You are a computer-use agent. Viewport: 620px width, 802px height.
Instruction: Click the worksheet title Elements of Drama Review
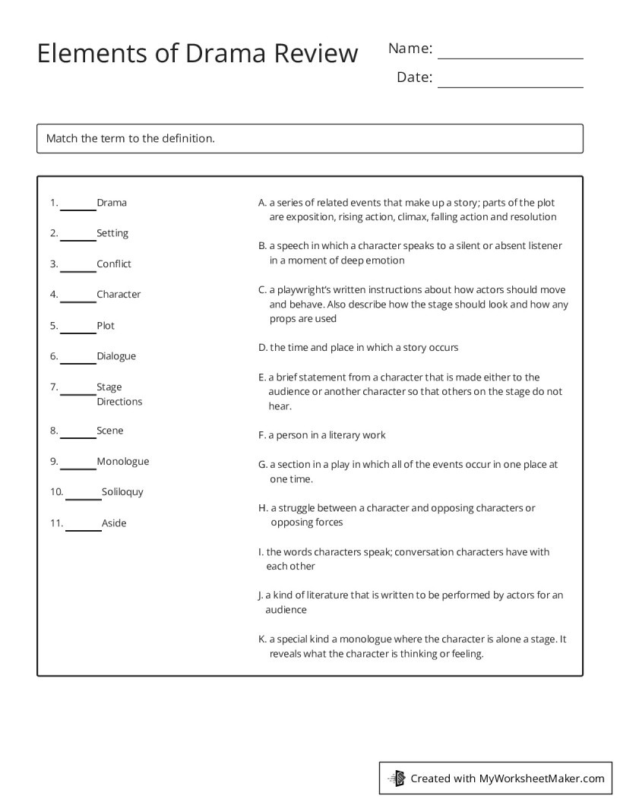[x=198, y=54]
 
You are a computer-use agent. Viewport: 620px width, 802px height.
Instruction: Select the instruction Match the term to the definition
[x=131, y=138]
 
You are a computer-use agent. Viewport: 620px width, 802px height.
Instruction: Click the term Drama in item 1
[x=112, y=203]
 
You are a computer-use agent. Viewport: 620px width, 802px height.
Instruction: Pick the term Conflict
[x=114, y=264]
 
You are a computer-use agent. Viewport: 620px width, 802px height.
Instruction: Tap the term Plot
[x=106, y=325]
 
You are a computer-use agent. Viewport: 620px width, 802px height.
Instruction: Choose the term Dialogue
[x=116, y=355]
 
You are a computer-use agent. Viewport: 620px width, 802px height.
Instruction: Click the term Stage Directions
[x=119, y=393]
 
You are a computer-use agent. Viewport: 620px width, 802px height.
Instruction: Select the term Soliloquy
[x=122, y=491]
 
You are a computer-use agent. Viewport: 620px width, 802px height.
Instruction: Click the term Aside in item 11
[x=114, y=523]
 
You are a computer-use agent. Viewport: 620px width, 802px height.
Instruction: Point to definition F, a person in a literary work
[x=322, y=435]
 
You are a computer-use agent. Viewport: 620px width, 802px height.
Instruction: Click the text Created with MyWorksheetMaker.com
[x=507, y=778]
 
